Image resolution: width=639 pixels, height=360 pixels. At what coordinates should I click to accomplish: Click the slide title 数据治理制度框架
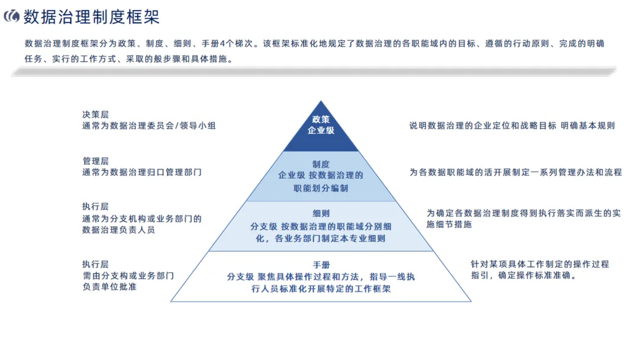(x=92, y=17)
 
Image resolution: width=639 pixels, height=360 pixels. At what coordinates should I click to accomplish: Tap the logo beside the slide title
(x=12, y=17)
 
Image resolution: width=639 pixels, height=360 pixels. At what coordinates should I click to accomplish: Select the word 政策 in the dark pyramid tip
(x=321, y=120)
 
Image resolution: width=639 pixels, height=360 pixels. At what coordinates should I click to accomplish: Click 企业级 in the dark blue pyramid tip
(x=321, y=130)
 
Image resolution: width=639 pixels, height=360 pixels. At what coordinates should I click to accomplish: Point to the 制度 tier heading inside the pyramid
(x=321, y=164)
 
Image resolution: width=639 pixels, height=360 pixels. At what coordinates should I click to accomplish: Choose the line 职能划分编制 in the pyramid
(x=321, y=188)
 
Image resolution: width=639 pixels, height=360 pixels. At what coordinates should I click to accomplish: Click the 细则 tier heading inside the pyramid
(x=321, y=214)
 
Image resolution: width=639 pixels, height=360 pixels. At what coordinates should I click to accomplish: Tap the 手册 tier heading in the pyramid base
(x=321, y=265)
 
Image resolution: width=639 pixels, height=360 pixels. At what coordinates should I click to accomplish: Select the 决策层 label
(x=95, y=114)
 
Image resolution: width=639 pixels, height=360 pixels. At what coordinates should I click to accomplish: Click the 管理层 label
(x=95, y=161)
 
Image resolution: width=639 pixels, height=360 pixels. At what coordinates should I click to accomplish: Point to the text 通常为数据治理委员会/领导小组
(x=149, y=126)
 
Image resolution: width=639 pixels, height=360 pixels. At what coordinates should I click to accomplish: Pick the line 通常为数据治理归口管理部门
(x=142, y=172)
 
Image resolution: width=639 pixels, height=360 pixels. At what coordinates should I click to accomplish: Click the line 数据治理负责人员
(x=118, y=230)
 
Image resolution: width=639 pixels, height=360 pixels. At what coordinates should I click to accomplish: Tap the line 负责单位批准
(x=109, y=287)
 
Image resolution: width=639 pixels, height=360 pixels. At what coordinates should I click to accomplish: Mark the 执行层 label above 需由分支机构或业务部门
(x=95, y=264)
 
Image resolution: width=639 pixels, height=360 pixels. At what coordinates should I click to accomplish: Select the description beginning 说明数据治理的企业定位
(x=512, y=126)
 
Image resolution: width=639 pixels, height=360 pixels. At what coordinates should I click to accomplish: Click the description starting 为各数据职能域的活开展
(x=515, y=172)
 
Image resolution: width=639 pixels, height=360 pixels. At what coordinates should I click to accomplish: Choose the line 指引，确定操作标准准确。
(x=524, y=275)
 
